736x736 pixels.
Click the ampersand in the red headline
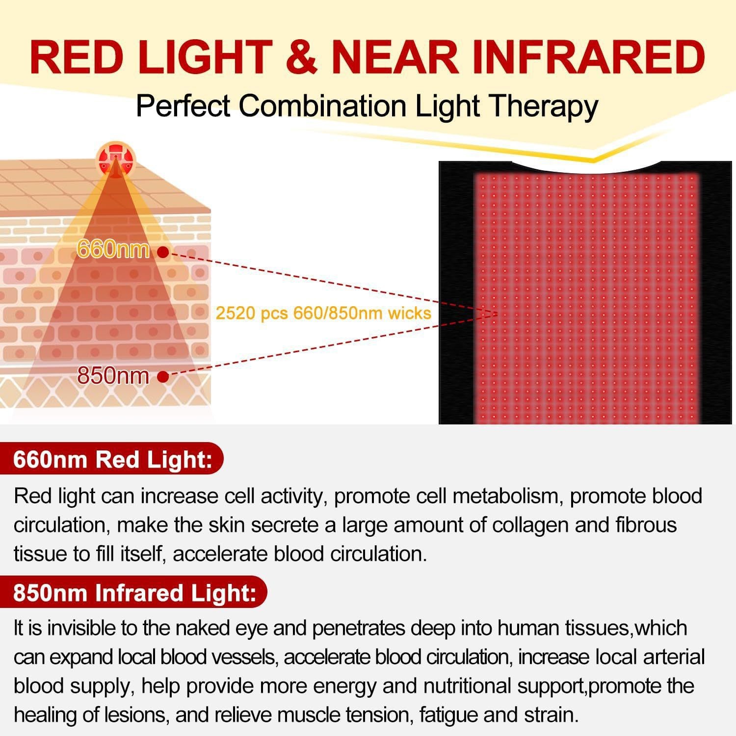click(302, 58)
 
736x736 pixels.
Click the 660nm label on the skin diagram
click(113, 249)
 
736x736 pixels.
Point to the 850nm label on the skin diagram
click(113, 376)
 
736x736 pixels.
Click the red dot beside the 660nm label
click(163, 252)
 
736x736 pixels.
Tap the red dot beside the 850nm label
click(163, 377)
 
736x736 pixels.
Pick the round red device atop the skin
click(115, 158)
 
